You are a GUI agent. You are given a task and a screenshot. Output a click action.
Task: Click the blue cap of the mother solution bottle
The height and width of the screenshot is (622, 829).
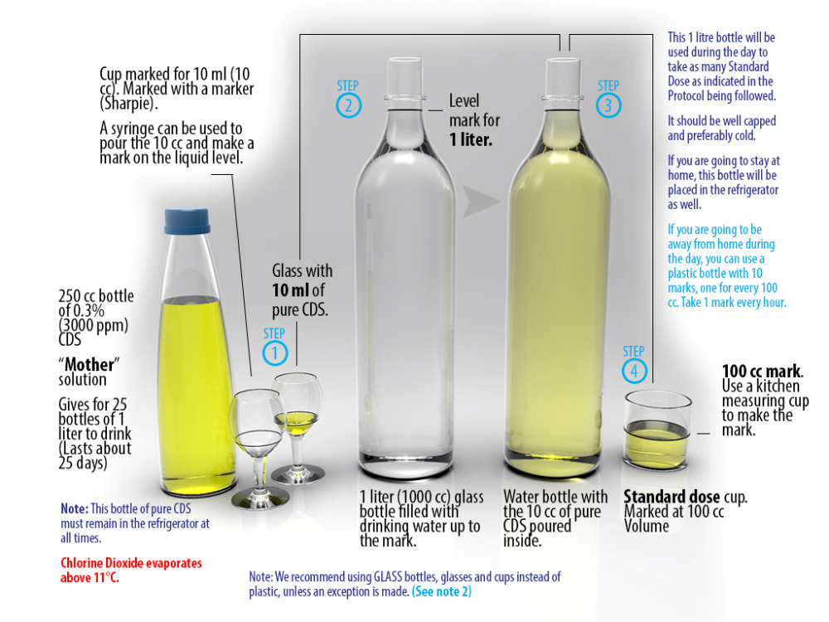click(x=187, y=221)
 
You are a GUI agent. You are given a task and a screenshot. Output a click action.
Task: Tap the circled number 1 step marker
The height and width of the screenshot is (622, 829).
click(x=275, y=353)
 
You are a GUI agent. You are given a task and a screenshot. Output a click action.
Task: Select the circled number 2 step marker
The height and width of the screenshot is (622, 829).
click(x=348, y=105)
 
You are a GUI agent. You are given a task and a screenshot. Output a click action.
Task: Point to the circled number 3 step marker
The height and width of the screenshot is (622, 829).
click(x=608, y=105)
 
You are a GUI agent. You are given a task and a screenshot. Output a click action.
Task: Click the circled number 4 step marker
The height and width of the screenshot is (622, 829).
click(x=634, y=371)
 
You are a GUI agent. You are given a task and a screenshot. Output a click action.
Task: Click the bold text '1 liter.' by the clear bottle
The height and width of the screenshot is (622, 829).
click(x=471, y=139)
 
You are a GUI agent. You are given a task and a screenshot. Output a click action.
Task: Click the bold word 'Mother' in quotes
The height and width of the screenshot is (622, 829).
click(x=89, y=364)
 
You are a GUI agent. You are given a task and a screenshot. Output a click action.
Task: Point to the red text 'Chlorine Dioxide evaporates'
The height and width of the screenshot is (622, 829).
click(x=131, y=563)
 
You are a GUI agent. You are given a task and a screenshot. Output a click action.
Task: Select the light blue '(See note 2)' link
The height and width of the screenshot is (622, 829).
click(x=442, y=591)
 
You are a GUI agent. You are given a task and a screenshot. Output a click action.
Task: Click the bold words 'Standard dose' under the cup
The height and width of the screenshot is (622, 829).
click(x=671, y=497)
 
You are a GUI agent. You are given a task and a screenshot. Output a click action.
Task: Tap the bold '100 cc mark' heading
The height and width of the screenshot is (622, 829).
click(x=762, y=371)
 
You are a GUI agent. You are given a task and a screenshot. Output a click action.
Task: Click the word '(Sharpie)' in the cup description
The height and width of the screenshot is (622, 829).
click(x=128, y=103)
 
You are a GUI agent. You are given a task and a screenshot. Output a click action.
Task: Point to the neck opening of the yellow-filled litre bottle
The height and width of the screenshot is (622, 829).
click(x=563, y=62)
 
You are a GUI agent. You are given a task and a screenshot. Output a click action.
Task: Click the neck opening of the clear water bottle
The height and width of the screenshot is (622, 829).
click(x=405, y=62)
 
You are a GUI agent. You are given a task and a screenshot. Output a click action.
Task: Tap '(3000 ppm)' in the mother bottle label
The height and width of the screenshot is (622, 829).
click(x=93, y=325)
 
